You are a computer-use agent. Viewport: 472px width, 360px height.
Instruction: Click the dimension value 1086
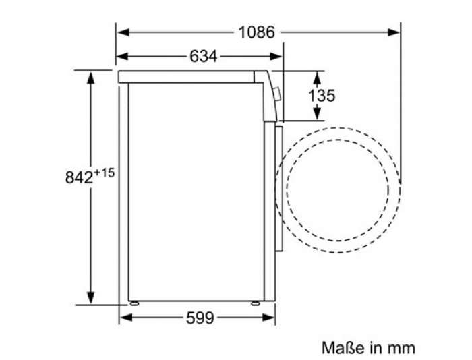[x=256, y=32]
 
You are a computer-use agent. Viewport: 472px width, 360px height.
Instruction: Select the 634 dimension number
[x=204, y=56]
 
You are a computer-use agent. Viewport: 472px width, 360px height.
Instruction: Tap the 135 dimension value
[x=322, y=96]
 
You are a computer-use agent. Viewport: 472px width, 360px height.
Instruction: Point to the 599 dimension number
[x=200, y=318]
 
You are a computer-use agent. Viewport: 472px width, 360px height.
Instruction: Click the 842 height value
[x=79, y=177]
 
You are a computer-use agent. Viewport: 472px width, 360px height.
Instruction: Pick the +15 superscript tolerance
[x=104, y=173]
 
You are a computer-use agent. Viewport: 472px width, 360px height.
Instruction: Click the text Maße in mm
[x=368, y=348]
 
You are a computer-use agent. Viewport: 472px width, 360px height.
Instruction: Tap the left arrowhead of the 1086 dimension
[x=123, y=32]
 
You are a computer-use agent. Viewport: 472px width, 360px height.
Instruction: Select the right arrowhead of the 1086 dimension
[x=393, y=32]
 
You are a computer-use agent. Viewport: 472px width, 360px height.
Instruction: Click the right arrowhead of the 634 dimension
[x=276, y=56]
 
